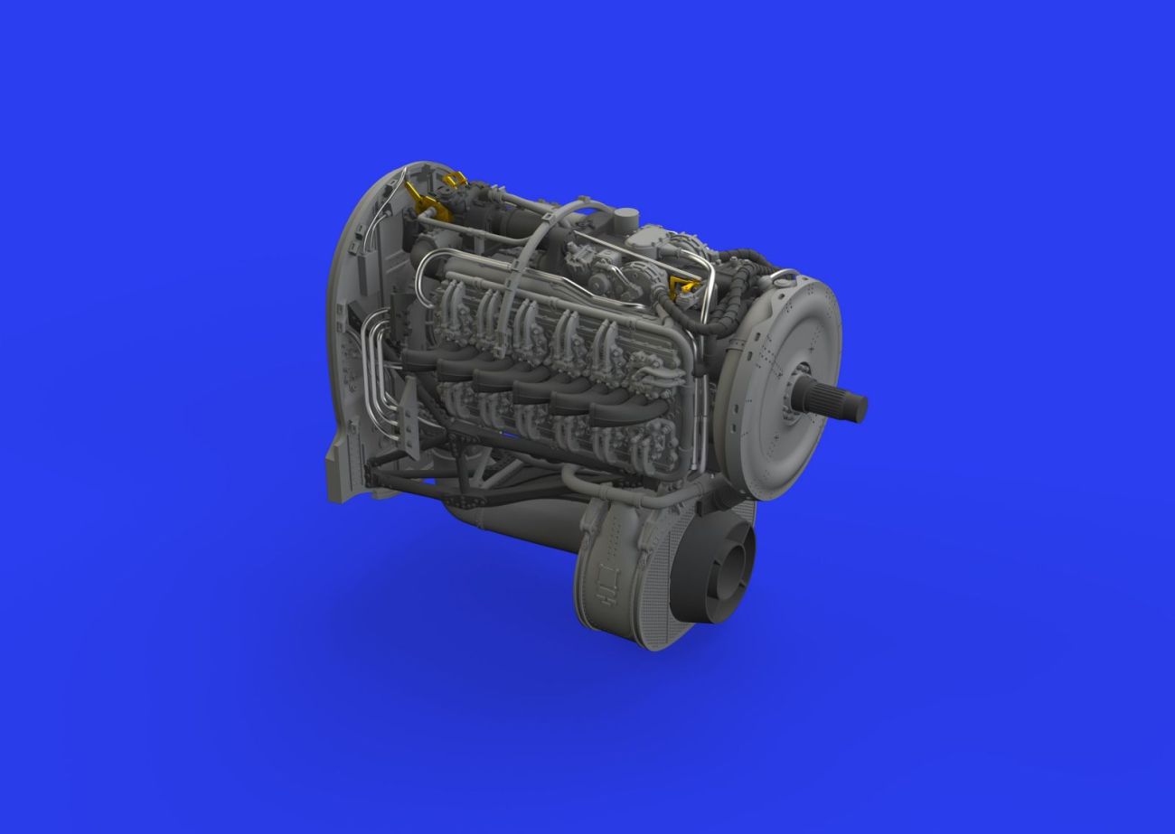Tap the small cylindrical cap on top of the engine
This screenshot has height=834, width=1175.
tap(625, 220)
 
